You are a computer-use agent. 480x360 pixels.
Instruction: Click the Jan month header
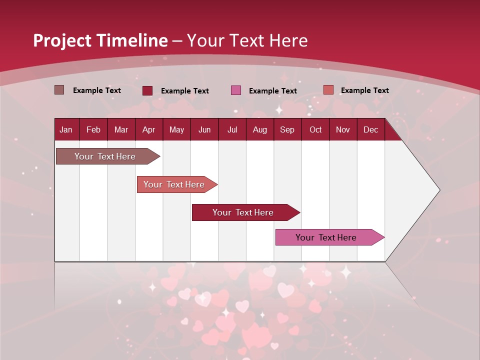[66, 129]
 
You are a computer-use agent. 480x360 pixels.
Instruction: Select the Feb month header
[93, 129]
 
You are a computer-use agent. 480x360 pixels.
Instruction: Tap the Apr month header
[148, 129]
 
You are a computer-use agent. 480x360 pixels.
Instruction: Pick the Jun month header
[204, 129]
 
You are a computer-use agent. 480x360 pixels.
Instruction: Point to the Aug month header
[259, 129]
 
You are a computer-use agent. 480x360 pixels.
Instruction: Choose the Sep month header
[287, 129]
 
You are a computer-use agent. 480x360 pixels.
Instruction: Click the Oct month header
[315, 129]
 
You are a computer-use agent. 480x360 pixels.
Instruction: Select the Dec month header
[370, 129]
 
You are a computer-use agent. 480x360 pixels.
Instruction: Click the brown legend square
[59, 90]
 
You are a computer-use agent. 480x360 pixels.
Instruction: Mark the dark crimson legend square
[147, 90]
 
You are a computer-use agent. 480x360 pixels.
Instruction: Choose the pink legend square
[236, 90]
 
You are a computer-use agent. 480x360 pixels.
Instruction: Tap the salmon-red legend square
[328, 90]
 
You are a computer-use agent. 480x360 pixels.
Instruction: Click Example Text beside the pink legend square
[272, 91]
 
